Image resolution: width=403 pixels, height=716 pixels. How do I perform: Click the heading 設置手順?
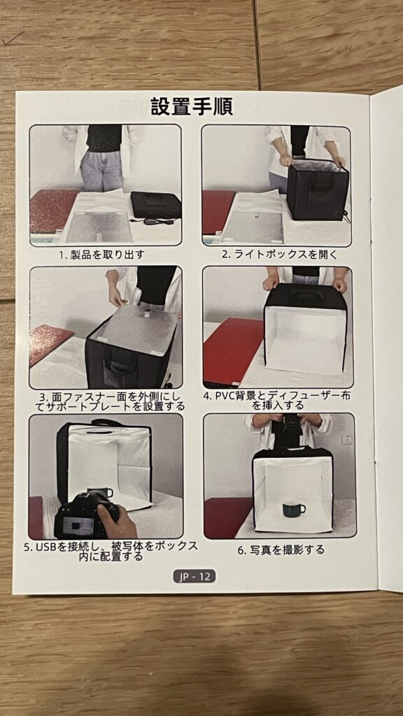pyautogui.click(x=192, y=107)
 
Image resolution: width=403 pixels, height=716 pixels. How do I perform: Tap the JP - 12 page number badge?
pyautogui.click(x=195, y=576)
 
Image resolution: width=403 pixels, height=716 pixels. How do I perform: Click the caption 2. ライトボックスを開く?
pyautogui.click(x=280, y=255)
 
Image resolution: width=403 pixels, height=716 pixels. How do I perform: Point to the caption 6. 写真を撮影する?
pyautogui.click(x=281, y=550)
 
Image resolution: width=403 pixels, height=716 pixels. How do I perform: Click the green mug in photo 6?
pyautogui.click(x=293, y=509)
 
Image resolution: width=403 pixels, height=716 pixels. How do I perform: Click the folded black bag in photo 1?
pyautogui.click(x=155, y=205)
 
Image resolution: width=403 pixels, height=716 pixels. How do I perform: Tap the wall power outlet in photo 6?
pyautogui.click(x=347, y=439)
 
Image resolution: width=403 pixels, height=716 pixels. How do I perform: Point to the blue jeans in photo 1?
pyautogui.click(x=101, y=171)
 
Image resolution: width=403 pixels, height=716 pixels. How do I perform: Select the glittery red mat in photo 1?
pyautogui.click(x=52, y=211)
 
